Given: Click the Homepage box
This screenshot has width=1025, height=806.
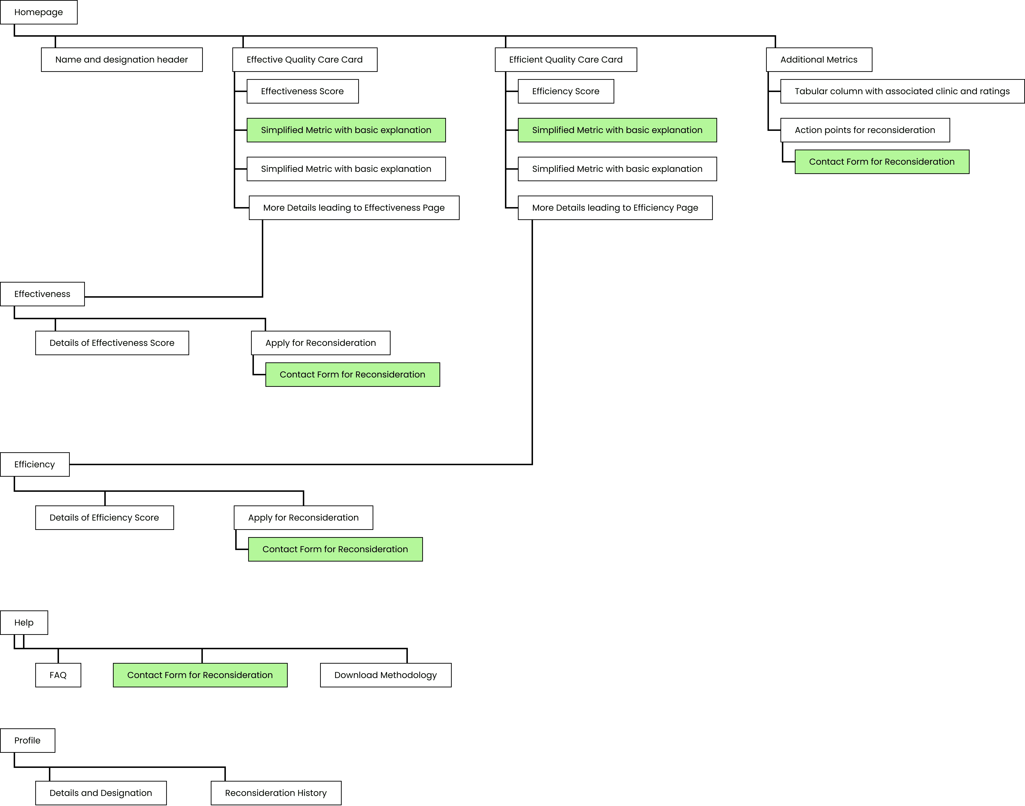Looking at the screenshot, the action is tap(39, 12).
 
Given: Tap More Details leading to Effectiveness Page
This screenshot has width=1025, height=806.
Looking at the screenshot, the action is tap(354, 208).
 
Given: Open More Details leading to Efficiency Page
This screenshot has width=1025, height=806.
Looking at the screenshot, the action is tap(615, 208).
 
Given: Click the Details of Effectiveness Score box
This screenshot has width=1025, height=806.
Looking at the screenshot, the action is tap(112, 343).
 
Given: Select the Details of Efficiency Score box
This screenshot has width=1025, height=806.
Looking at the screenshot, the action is tap(104, 518).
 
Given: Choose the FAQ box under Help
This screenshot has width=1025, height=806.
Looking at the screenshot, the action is tap(58, 675).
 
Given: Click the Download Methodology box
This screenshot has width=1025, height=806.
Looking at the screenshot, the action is tap(385, 675).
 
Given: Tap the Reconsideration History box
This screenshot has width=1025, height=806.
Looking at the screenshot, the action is tap(276, 793).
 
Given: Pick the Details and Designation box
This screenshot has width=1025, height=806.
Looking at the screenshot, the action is tap(100, 793).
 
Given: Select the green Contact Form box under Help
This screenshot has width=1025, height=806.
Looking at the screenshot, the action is tap(200, 675).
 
